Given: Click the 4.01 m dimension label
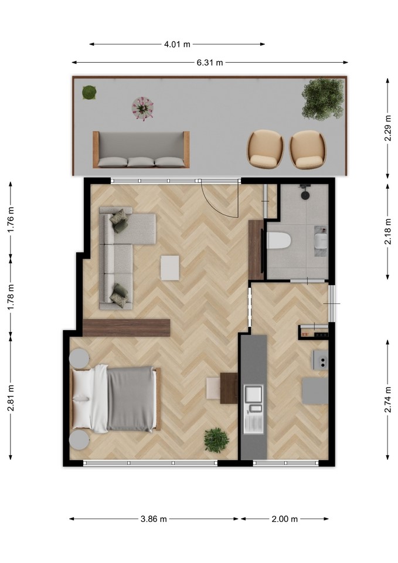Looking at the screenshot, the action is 177,44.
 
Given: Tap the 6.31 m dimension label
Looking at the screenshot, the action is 210,63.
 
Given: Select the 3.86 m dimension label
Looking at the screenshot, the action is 154,519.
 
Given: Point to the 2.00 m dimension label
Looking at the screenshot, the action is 285,519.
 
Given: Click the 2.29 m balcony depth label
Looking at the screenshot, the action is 387,128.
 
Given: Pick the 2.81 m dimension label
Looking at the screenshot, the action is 11,398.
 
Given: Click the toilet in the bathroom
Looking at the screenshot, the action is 278,240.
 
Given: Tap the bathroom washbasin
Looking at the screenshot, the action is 321,240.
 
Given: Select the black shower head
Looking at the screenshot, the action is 305,195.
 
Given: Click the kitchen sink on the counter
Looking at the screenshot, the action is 254,399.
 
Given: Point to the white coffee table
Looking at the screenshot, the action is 170,267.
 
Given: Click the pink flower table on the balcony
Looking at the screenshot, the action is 142,108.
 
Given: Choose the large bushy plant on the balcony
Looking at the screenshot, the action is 322,99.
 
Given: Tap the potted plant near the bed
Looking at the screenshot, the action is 216,440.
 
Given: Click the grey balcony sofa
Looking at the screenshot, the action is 141,150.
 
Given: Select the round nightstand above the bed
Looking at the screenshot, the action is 79,358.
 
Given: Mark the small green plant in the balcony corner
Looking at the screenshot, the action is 89,92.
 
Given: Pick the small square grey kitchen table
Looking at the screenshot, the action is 315,391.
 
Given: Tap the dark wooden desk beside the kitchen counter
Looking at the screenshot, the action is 229,388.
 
